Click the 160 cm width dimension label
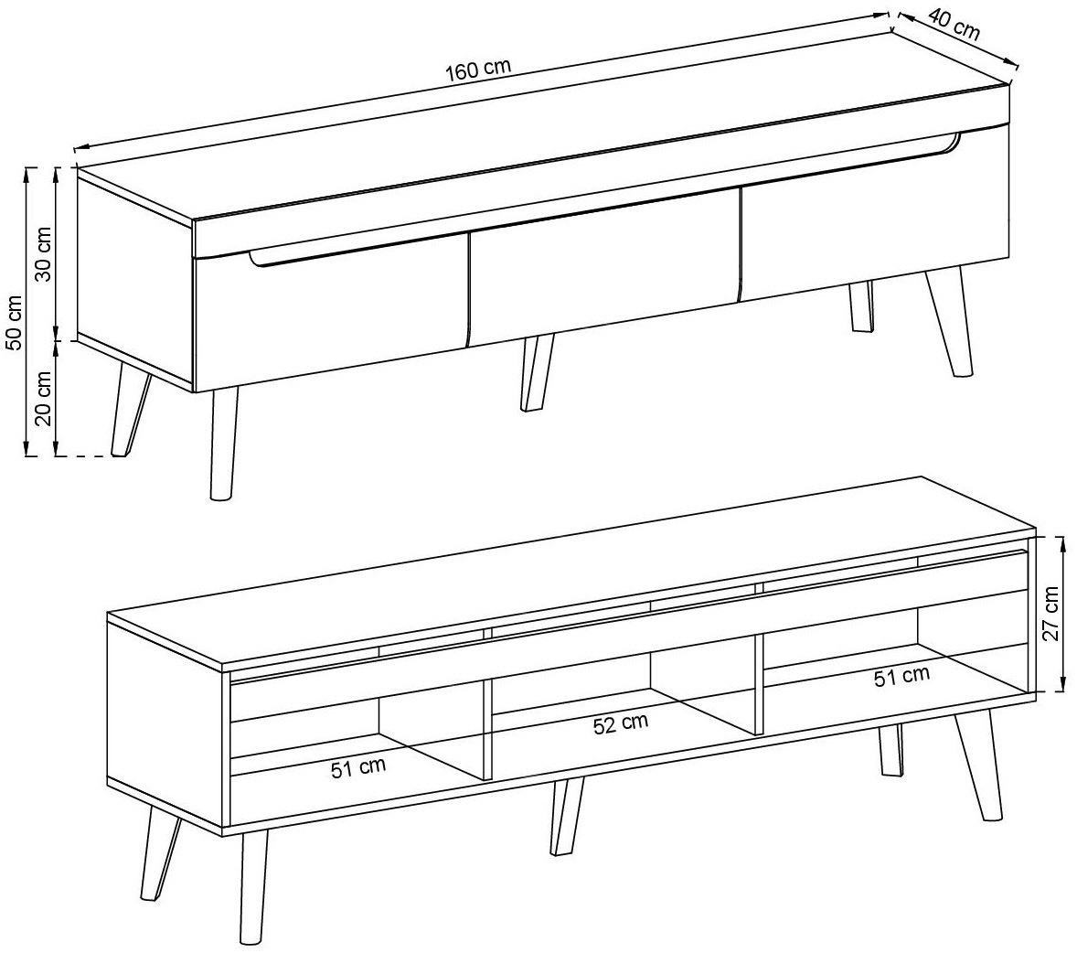(479, 70)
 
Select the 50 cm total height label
(14, 323)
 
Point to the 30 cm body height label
(43, 253)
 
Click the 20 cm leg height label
(43, 399)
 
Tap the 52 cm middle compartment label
(620, 723)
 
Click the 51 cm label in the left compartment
(357, 766)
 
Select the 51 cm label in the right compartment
(901, 677)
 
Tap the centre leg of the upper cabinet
(537, 373)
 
